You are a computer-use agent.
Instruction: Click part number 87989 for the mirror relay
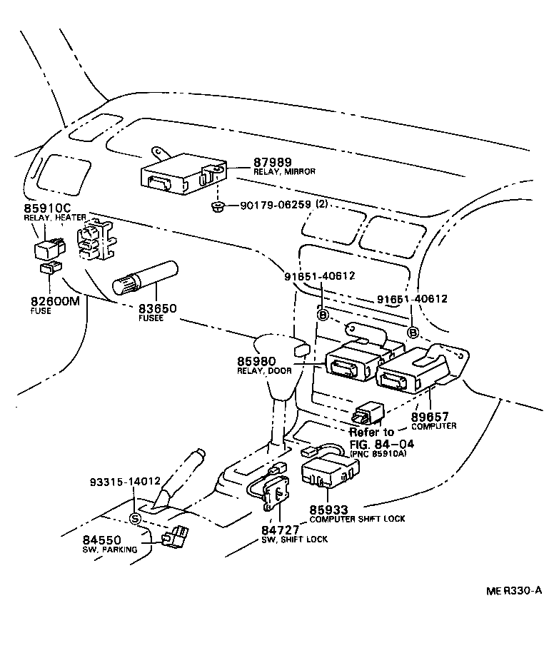(273, 163)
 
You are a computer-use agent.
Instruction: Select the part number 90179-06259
(275, 205)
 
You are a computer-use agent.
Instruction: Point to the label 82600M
(55, 302)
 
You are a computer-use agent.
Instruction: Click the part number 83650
(157, 308)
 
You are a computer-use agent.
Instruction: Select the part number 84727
(278, 530)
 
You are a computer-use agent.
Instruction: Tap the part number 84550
(101, 541)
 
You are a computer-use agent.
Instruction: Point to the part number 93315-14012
(126, 482)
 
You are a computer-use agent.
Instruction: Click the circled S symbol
(134, 519)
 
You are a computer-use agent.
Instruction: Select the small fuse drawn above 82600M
(49, 268)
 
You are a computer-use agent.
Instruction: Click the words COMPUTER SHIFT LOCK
(357, 519)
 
